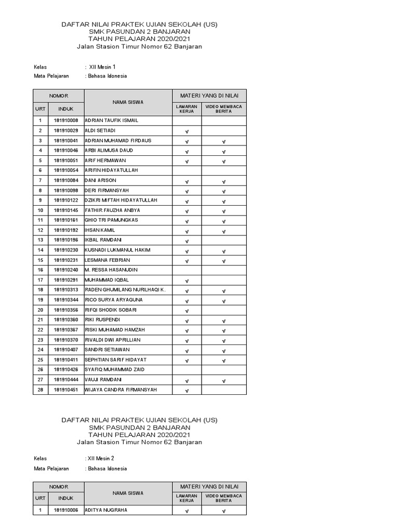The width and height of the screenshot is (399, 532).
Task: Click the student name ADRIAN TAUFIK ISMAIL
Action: tap(111, 121)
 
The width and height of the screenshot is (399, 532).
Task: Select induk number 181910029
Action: tap(66, 130)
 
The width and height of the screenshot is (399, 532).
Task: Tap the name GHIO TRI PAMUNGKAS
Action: tap(111, 220)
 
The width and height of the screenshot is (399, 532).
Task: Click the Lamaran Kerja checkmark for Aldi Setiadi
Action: tap(187, 131)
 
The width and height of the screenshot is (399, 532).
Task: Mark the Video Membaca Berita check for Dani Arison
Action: tap(223, 181)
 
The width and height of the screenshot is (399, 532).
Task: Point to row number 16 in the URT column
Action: tap(40, 270)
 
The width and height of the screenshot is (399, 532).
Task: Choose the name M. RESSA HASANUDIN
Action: tap(110, 270)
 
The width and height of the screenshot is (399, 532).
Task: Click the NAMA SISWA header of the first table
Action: tap(128, 102)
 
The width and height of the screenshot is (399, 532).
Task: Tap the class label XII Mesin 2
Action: tap(101, 459)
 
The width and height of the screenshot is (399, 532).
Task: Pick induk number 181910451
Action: tap(66, 390)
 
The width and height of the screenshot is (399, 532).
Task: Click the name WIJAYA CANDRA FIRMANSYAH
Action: tap(120, 390)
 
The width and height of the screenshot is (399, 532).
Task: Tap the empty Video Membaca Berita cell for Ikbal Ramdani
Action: tap(223, 241)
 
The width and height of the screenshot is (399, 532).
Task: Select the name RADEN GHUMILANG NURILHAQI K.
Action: tap(125, 290)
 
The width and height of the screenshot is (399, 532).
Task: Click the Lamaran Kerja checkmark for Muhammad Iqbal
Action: tap(187, 281)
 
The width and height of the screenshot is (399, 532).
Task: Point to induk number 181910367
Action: tap(66, 330)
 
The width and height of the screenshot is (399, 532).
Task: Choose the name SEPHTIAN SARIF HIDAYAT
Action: tap(115, 360)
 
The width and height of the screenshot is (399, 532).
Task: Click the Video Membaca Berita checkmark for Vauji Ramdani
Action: tap(223, 381)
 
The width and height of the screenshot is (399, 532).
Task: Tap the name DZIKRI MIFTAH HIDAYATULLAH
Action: tap(121, 201)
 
